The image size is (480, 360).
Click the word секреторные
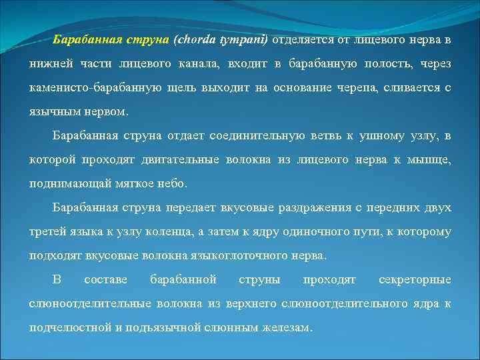pyautogui.click(x=415, y=280)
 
